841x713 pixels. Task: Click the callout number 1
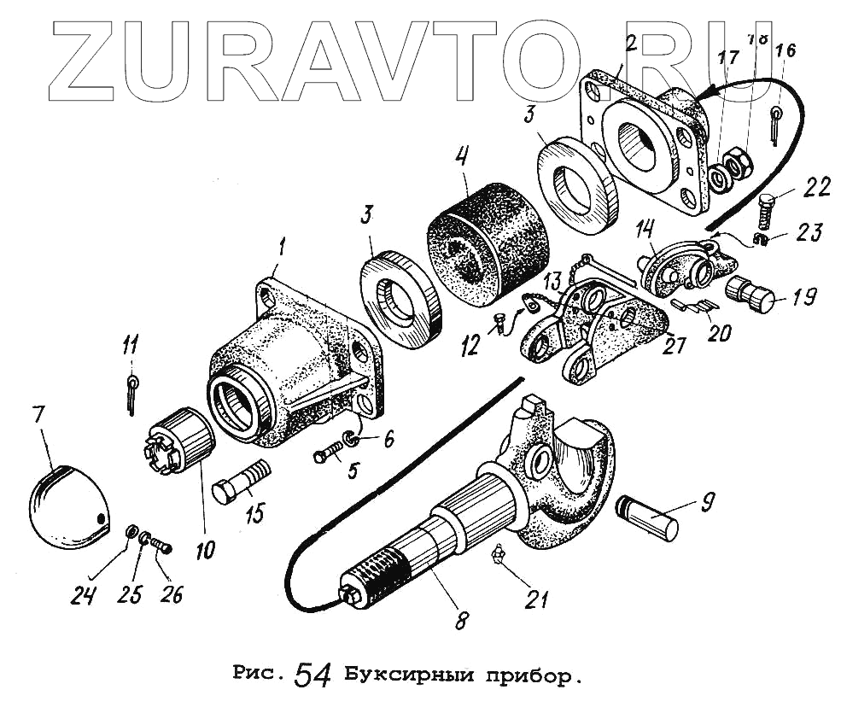coord(283,248)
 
